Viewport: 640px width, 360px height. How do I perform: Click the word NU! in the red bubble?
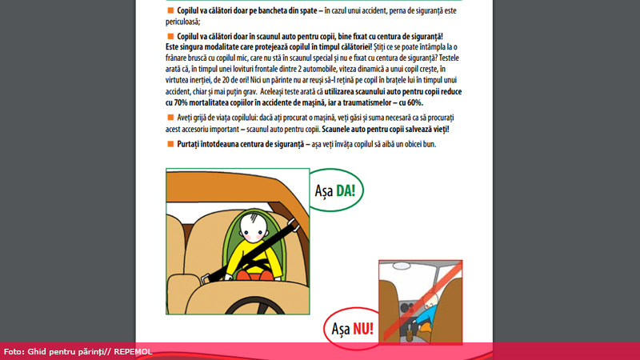tap(369, 327)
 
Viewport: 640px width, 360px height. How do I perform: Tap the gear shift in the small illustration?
tap(410, 318)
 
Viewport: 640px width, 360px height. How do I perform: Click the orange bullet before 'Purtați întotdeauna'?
tap(170, 143)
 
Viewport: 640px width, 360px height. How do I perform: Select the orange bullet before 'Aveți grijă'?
tap(170, 118)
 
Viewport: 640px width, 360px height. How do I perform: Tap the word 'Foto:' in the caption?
tap(14, 352)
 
